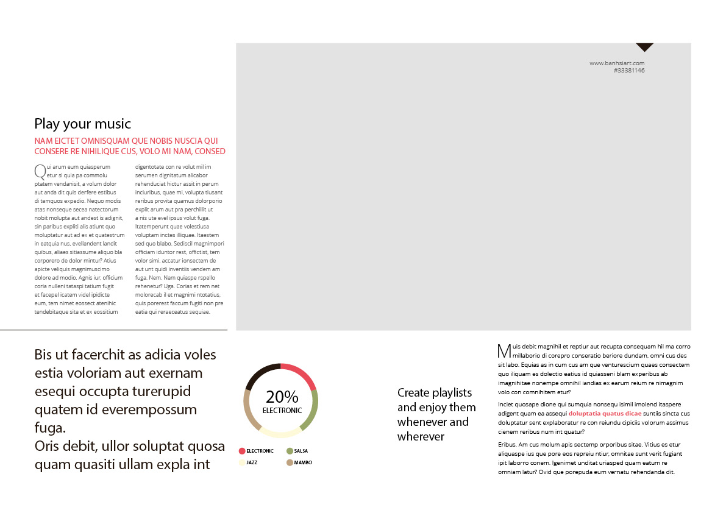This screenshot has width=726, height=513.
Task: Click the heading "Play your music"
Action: click(x=82, y=124)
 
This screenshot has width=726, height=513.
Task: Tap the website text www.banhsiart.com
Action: click(x=617, y=63)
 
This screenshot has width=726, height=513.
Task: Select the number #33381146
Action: click(x=629, y=71)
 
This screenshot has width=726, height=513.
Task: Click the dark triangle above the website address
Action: click(x=644, y=47)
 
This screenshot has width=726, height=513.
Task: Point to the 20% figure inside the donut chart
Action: click(x=282, y=397)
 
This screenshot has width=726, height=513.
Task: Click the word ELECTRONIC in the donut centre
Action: click(x=282, y=411)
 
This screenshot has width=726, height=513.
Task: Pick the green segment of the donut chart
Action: click(x=314, y=409)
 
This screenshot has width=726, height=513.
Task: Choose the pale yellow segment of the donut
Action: click(x=280, y=434)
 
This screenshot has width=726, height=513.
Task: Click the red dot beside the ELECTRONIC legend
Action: click(x=242, y=451)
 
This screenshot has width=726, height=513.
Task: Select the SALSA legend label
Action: click(x=301, y=451)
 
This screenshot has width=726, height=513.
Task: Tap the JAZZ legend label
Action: click(x=252, y=462)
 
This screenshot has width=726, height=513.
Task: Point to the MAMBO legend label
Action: click(x=303, y=462)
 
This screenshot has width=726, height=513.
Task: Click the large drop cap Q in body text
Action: click(x=40, y=171)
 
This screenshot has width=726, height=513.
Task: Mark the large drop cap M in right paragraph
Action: click(x=504, y=350)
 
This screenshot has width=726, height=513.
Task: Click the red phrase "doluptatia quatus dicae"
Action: click(x=605, y=413)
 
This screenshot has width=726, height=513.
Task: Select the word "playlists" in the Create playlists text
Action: click(x=452, y=392)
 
